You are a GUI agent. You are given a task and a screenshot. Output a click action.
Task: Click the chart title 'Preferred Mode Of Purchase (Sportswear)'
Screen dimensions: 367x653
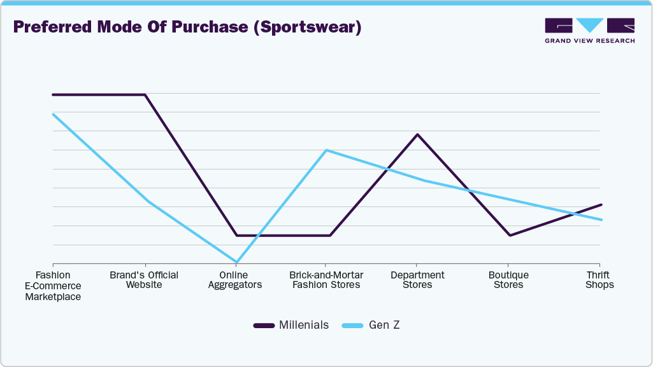[187, 27]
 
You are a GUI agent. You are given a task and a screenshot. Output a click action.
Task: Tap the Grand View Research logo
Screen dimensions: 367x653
[589, 30]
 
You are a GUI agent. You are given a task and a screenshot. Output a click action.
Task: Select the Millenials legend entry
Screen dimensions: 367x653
[292, 325]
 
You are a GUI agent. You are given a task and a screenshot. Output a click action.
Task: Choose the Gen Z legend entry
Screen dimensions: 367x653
[371, 325]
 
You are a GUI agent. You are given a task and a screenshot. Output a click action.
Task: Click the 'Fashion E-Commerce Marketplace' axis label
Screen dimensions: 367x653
[53, 285]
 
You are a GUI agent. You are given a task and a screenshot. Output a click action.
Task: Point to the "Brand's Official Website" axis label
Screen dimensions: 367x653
[144, 280]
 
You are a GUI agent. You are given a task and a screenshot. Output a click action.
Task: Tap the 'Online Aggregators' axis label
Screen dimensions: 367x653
[236, 280]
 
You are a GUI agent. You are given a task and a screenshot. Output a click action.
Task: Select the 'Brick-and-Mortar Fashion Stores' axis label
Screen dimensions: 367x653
[326, 280]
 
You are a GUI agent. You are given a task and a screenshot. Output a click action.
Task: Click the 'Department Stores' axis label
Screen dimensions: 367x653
[417, 280]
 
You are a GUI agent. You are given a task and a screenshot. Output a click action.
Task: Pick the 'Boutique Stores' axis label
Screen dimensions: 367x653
[508, 280]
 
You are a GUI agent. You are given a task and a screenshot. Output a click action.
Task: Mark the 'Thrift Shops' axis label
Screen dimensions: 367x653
[599, 280]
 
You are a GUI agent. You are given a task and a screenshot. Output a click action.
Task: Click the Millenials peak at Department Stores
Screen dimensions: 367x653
[417, 134]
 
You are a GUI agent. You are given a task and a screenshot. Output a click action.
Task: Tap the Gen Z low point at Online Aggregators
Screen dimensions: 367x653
[237, 262]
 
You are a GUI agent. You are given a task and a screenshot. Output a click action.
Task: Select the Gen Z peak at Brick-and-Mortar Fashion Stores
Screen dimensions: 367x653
[326, 150]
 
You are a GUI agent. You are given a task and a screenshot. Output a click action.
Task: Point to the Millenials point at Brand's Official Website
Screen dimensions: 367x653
[145, 95]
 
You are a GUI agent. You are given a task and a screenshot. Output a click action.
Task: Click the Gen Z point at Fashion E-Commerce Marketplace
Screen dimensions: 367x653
[54, 114]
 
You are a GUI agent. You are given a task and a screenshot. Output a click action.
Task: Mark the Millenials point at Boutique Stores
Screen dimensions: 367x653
[509, 235]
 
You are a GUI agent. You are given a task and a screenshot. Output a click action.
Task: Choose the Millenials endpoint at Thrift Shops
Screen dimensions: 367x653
[601, 205]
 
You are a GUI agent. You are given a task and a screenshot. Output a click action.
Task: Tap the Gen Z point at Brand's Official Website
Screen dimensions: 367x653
[147, 201]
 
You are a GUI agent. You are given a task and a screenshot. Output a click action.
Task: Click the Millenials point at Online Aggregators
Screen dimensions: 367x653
[236, 235]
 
